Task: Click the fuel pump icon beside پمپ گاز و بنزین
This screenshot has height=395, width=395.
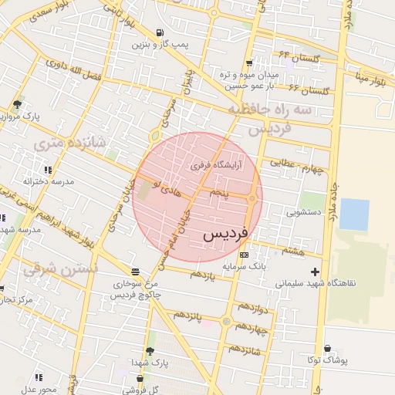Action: tap(159, 32)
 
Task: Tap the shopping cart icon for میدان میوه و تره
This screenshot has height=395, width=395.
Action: tap(248, 63)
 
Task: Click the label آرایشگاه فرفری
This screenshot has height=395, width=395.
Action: tap(217, 165)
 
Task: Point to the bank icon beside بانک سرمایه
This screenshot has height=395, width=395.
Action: tap(245, 255)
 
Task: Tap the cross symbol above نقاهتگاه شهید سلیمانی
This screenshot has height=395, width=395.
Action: tap(315, 272)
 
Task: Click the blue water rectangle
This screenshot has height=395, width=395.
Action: tap(354, 214)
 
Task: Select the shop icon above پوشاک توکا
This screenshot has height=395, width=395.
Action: tap(329, 349)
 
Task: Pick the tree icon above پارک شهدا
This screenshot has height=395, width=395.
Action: tap(150, 351)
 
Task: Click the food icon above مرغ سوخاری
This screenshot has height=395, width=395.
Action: tap(136, 272)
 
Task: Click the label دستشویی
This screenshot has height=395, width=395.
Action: tap(303, 211)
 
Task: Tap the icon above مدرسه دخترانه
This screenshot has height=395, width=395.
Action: tap(48, 170)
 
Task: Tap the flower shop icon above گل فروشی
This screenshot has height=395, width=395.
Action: tap(140, 379)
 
